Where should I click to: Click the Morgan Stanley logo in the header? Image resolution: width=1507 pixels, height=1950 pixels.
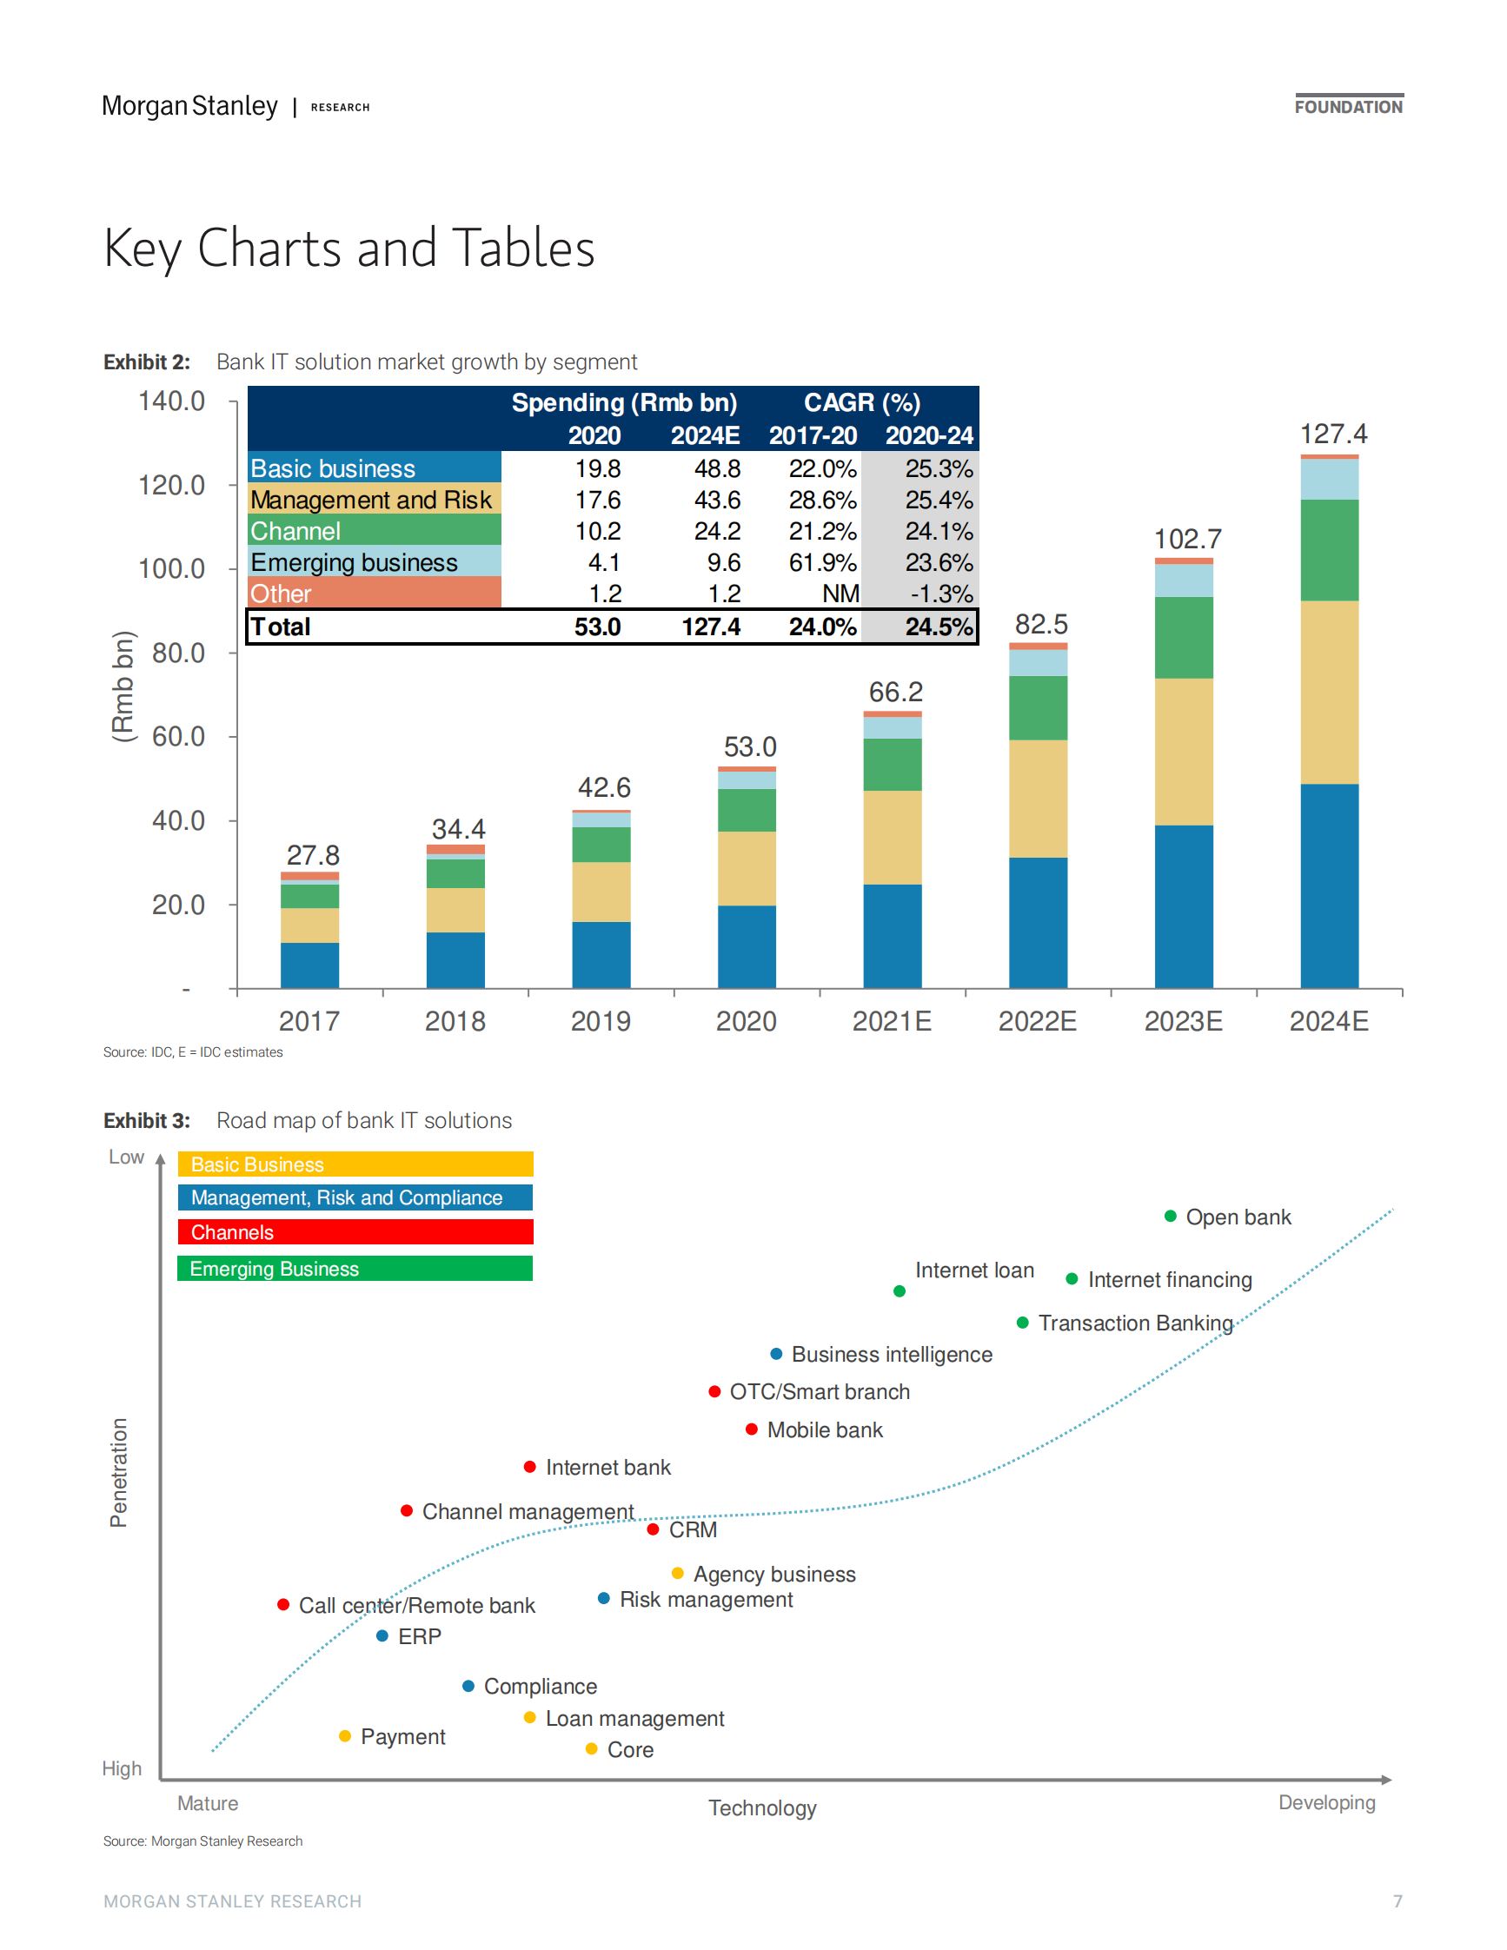pyautogui.click(x=189, y=106)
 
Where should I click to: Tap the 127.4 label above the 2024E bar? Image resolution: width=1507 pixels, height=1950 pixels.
pyautogui.click(x=1332, y=434)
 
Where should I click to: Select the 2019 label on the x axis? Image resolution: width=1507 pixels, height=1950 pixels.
pyautogui.click(x=600, y=1020)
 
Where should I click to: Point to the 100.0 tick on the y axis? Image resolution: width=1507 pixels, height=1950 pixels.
pyautogui.click(x=171, y=568)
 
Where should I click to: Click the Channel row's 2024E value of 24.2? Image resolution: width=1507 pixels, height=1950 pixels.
pyautogui.click(x=717, y=531)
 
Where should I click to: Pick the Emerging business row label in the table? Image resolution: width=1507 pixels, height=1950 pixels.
pyautogui.click(x=354, y=562)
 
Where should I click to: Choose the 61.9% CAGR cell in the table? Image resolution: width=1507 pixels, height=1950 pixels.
pyautogui.click(x=821, y=562)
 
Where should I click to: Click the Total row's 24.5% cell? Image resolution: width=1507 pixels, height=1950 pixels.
pyautogui.click(x=939, y=627)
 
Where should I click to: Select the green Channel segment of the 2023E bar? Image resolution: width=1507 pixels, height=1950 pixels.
pyautogui.click(x=1183, y=638)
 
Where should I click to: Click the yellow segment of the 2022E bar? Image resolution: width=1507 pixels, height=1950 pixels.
pyautogui.click(x=1038, y=799)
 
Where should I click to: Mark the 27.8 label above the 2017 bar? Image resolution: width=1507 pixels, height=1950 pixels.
pyautogui.click(x=313, y=855)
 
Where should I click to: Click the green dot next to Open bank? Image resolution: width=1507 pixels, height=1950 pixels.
pyautogui.click(x=1170, y=1216)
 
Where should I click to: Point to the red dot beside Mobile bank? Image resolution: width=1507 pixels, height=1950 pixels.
pyautogui.click(x=752, y=1429)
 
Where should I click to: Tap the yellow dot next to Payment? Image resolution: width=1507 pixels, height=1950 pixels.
pyautogui.click(x=346, y=1735)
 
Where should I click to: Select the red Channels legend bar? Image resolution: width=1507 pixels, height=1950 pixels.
pyautogui.click(x=355, y=1232)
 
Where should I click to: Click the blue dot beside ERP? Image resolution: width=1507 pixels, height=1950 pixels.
pyautogui.click(x=382, y=1635)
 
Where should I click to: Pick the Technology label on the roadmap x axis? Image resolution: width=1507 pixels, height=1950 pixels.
pyautogui.click(x=762, y=1808)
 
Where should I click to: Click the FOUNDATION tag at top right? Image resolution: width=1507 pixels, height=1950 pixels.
pyautogui.click(x=1348, y=107)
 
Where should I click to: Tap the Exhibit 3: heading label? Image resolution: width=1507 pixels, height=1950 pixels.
pyautogui.click(x=146, y=1120)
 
